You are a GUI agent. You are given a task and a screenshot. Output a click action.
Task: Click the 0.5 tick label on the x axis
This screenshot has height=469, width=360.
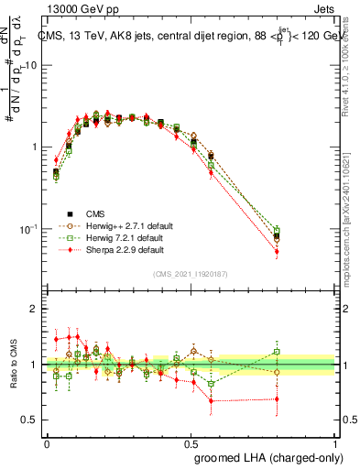coord(191,443)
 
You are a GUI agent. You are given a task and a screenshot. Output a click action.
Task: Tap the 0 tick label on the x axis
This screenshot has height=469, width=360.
coord(47,443)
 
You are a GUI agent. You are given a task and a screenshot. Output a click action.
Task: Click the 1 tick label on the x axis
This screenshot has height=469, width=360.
coord(336,443)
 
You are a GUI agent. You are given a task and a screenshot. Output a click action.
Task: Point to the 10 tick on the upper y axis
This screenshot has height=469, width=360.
coord(30,66)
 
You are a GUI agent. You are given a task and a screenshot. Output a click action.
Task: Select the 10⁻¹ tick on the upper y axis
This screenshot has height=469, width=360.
coord(28,228)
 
